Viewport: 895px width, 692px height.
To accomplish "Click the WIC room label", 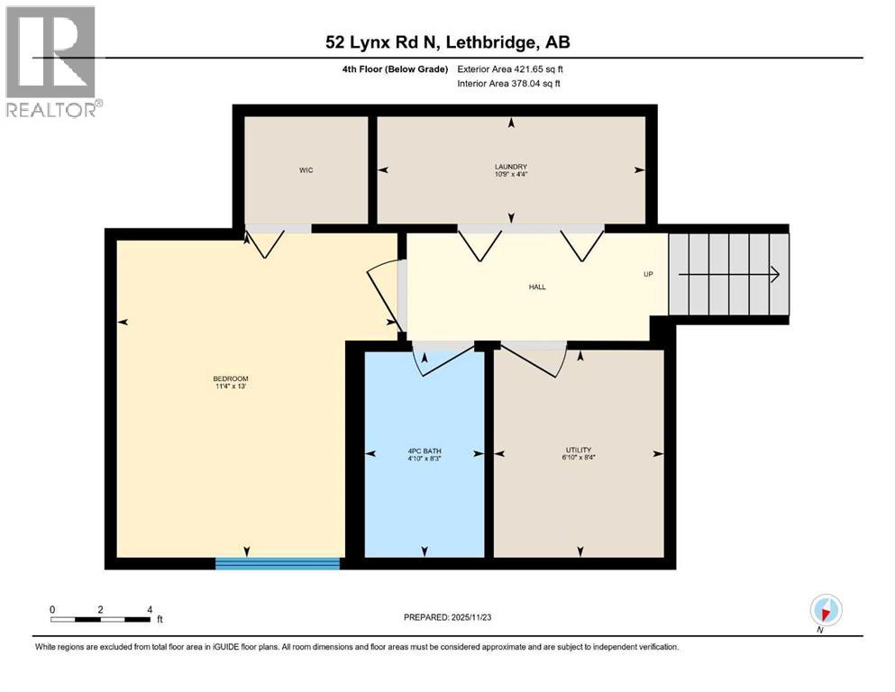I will pos(306,170).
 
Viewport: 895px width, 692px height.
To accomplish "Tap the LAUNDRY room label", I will pos(511,166).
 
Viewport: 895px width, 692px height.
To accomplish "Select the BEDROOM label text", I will pos(231,378).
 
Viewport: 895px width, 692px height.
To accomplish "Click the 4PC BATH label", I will pos(424,451).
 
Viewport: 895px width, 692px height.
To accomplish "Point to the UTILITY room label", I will pos(579,450).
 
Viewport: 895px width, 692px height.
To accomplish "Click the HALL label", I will pos(537,287).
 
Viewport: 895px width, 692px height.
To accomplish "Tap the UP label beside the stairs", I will pos(647,274).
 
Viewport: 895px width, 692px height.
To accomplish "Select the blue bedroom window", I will pos(278,564).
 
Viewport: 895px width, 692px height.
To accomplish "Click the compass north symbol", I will pos(826,610).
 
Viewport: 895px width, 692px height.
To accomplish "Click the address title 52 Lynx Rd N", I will pos(447,42).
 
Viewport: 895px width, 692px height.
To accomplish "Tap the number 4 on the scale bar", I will pos(149,609).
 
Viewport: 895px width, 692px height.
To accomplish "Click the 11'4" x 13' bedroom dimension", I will pos(231,387).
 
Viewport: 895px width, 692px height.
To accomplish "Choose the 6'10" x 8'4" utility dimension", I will pos(579,458).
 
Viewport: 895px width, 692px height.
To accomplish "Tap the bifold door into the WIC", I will pos(266,241).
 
